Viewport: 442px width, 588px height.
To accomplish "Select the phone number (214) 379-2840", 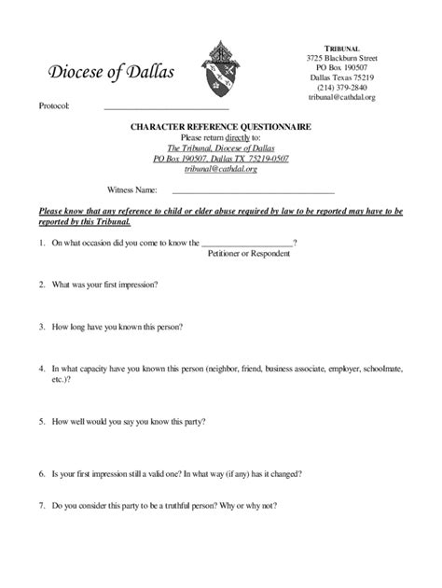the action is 341,87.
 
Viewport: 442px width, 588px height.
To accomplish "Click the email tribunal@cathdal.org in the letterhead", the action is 341,97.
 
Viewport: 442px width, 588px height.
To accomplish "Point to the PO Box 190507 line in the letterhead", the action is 341,67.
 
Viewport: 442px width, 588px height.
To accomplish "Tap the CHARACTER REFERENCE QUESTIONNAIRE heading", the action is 221,126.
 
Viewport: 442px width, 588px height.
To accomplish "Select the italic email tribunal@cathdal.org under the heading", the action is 221,170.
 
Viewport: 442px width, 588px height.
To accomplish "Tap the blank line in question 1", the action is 246,244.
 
